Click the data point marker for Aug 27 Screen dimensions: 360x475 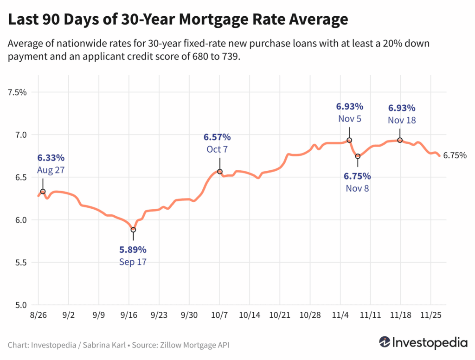click(43, 192)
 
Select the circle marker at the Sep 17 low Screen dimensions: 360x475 click(133, 230)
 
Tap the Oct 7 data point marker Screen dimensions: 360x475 click(220, 172)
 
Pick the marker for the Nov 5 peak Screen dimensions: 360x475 click(349, 140)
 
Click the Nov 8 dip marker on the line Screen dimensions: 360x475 click(358, 156)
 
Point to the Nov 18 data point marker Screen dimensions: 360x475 click(400, 140)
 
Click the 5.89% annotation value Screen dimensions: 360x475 click(133, 250)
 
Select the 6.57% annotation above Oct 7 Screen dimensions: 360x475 click(217, 137)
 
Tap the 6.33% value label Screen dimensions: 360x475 click(51, 158)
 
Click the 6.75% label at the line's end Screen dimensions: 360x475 click(455, 156)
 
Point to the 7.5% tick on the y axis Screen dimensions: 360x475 click(18, 92)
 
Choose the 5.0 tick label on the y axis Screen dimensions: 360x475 click(20, 305)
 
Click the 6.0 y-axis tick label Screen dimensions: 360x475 click(20, 220)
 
